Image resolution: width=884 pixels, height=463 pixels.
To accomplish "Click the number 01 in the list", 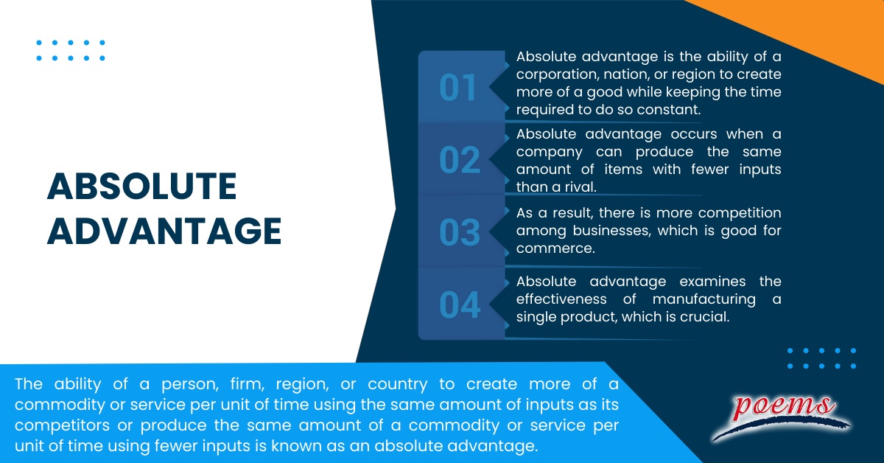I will pyautogui.click(x=458, y=88).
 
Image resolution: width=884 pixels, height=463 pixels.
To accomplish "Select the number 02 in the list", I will pyautogui.click(x=460, y=160).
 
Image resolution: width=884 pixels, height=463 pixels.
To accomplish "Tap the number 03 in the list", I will pyautogui.click(x=460, y=233).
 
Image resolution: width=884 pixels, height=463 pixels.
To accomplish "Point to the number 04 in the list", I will pyautogui.click(x=460, y=305).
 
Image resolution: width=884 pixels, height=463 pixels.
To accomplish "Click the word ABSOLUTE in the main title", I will pyautogui.click(x=141, y=187).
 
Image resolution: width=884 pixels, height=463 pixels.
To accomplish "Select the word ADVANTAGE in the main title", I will pyautogui.click(x=164, y=231).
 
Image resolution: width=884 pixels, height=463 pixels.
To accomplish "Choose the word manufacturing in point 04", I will pyautogui.click(x=704, y=299).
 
